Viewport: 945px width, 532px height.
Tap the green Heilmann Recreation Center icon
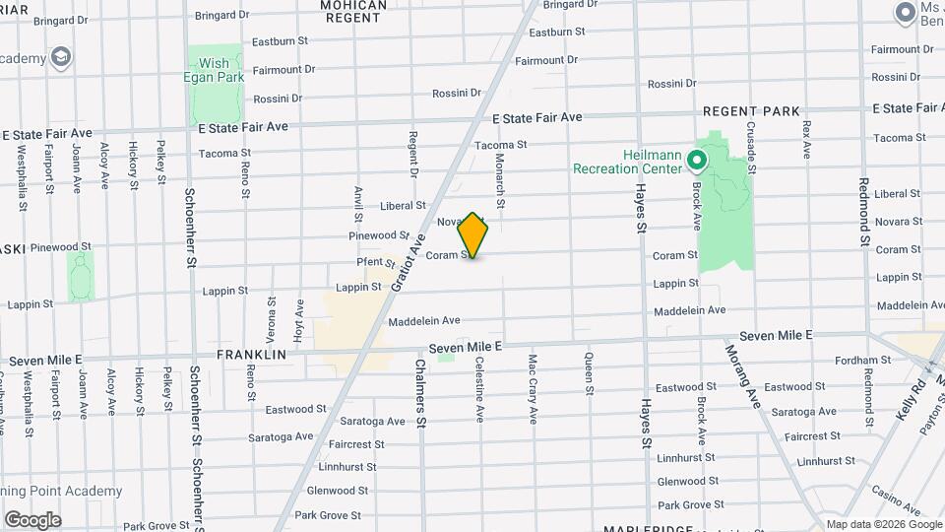[697, 159]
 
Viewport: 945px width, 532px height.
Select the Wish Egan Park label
[215, 70]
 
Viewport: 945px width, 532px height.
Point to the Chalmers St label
[420, 392]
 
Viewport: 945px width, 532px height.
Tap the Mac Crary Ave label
[533, 388]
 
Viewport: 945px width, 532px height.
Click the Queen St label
[589, 373]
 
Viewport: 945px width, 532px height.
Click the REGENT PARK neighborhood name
[751, 111]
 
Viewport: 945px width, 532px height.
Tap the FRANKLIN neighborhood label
[251, 354]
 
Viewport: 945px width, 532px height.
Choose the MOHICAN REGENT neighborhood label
[353, 11]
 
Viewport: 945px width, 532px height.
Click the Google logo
[32, 519]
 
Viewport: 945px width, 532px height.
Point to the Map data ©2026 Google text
[883, 524]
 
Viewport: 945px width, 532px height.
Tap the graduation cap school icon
[62, 57]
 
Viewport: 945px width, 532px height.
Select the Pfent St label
[375, 262]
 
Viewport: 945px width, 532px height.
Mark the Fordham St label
[862, 361]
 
